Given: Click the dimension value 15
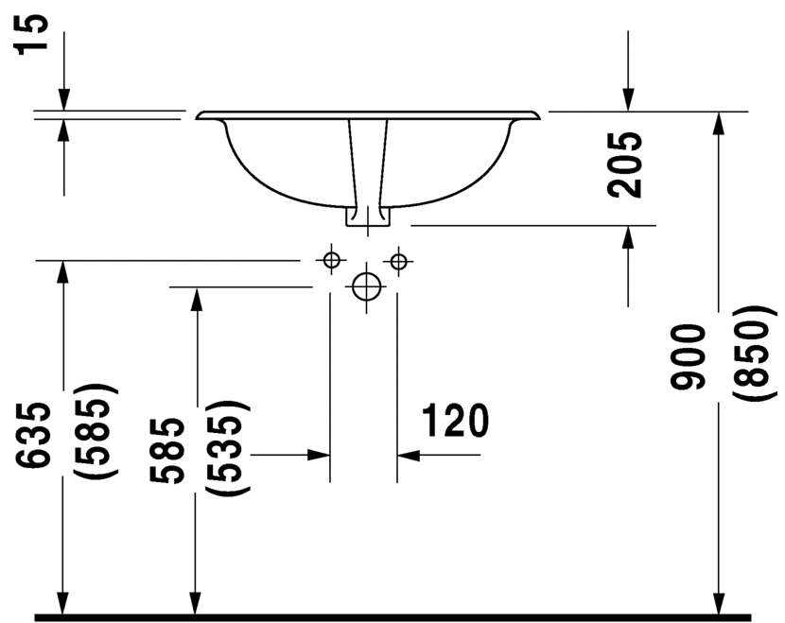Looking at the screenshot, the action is tap(32, 34).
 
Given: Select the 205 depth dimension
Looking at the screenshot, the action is tap(624, 164).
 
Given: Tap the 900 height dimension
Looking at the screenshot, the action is tap(688, 356).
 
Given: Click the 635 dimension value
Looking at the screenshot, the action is tap(33, 434).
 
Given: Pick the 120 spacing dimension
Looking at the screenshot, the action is tap(455, 421).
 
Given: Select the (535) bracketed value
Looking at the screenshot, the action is tap(228, 448).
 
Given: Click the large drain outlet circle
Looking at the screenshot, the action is tap(366, 287).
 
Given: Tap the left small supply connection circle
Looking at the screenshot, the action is tap(331, 260).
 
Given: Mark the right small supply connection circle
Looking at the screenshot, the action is tap(398, 261).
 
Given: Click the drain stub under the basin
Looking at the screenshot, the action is tap(368, 216).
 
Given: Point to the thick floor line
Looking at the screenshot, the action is tap(393, 617).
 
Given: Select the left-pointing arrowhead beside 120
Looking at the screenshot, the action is tap(409, 456).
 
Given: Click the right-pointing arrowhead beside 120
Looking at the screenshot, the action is tap(319, 455).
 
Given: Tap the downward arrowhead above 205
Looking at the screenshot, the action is tap(628, 99).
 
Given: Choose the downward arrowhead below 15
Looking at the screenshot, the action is tap(63, 99).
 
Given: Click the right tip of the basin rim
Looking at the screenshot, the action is tap(541, 116).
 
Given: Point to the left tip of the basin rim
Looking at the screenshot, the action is tap(196, 117).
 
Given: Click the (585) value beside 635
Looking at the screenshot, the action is tap(96, 430).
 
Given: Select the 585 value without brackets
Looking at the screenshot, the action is tap(166, 450).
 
